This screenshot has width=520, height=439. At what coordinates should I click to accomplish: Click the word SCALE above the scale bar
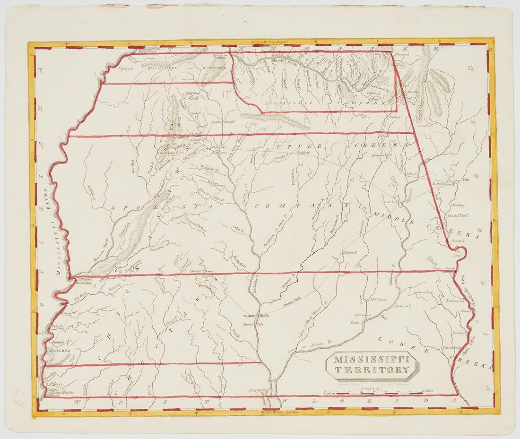click(x=367, y=388)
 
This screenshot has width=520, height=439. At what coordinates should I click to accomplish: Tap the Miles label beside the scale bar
click(x=429, y=391)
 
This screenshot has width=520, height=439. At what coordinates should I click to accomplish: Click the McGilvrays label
click(x=378, y=299)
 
